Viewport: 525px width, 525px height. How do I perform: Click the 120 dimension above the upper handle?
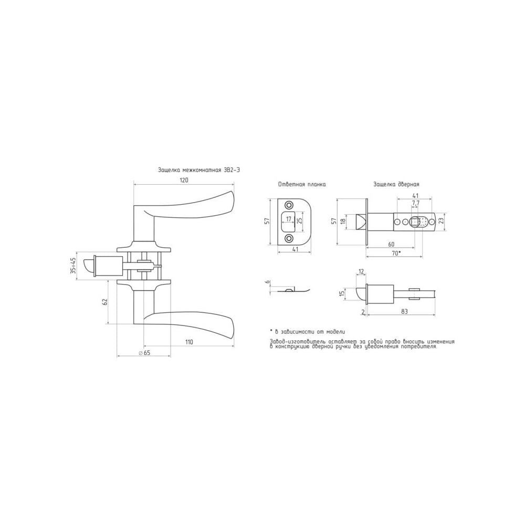[x=184, y=180]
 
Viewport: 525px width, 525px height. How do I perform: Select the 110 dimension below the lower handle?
[x=189, y=342]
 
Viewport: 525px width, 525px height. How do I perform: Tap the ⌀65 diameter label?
[x=144, y=353]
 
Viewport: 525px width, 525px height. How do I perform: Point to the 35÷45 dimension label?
[x=73, y=266]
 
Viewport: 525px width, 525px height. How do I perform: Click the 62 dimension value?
[x=105, y=302]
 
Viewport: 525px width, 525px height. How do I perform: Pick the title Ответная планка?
[x=302, y=184]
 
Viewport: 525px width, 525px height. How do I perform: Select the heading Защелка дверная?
[x=396, y=184]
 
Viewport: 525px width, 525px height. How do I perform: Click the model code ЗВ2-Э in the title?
[x=232, y=170]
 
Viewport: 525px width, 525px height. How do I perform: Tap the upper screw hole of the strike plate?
[x=288, y=205]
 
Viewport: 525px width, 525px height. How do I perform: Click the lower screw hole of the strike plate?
[x=288, y=238]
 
